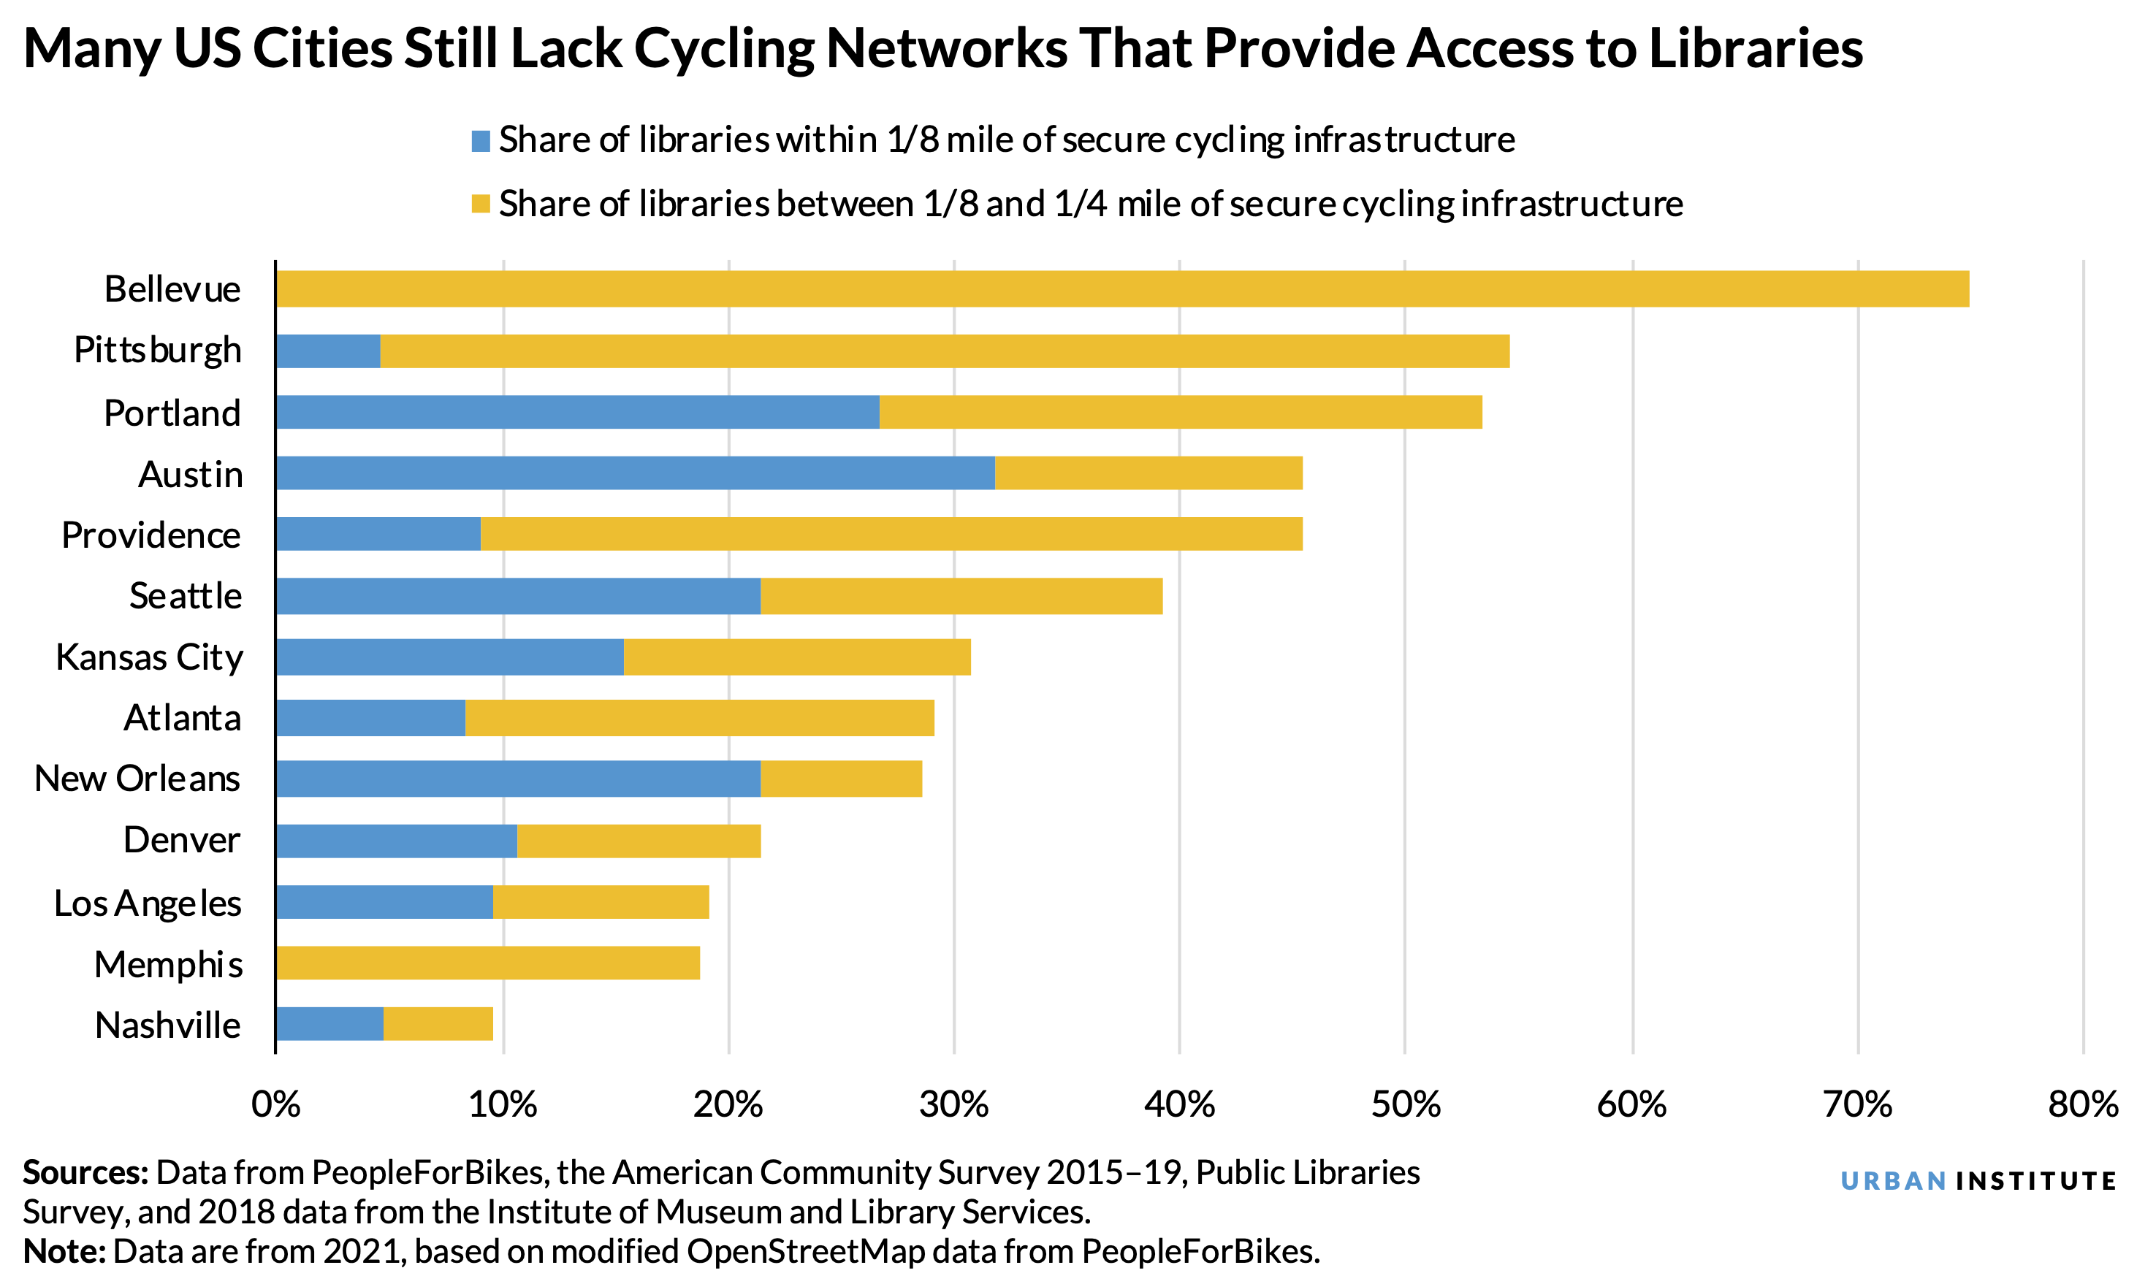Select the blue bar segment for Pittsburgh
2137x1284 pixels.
(x=327, y=351)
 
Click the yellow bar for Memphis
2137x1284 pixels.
(x=487, y=963)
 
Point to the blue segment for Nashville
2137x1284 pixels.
(x=329, y=1023)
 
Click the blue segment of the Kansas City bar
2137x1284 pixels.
(x=449, y=657)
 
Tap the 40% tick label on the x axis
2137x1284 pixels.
(x=1179, y=1105)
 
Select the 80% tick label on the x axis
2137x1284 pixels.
(x=2081, y=1105)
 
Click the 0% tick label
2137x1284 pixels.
(x=275, y=1105)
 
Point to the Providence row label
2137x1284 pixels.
(x=151, y=535)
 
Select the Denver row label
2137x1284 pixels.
(x=181, y=839)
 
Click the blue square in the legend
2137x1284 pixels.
(x=481, y=140)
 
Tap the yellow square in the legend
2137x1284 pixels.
(x=481, y=205)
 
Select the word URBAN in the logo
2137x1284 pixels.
(x=1893, y=1181)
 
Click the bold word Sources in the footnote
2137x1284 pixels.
(x=85, y=1172)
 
